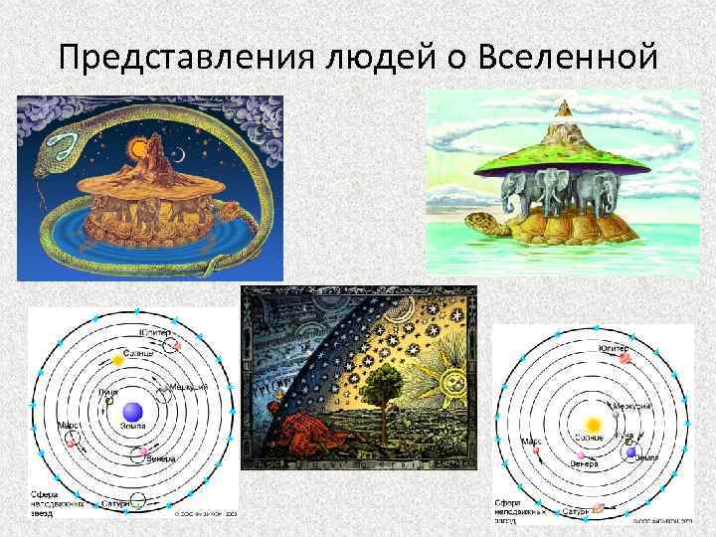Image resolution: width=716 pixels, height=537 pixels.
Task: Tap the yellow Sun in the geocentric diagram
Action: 118,358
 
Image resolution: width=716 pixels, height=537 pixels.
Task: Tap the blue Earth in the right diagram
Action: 630,452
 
